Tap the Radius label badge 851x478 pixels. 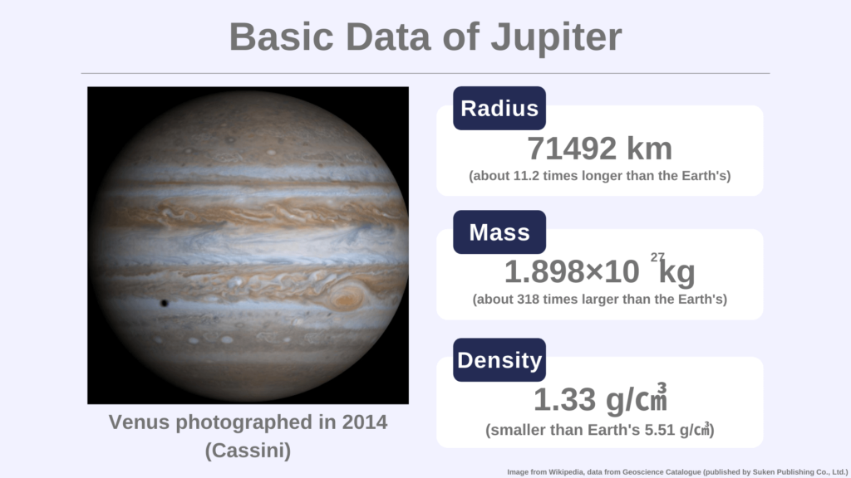[499, 109]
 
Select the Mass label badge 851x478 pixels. [499, 232]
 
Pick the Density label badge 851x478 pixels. [499, 360]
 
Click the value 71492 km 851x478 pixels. [599, 149]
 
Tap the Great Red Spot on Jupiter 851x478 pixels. [347, 295]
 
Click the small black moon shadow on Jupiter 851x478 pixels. [164, 303]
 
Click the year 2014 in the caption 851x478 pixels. [364, 422]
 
